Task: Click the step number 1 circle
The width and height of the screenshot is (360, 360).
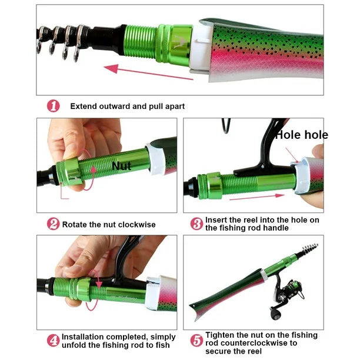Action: pyautogui.click(x=54, y=106)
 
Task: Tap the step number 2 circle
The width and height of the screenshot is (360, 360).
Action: pyautogui.click(x=54, y=224)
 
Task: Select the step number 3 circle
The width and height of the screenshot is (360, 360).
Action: pyautogui.click(x=196, y=224)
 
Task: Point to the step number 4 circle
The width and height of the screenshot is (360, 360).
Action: pyautogui.click(x=54, y=341)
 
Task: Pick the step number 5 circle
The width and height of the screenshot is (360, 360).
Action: pyautogui.click(x=196, y=341)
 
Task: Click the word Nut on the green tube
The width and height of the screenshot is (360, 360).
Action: pyautogui.click(x=121, y=166)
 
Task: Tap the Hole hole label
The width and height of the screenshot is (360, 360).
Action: pyautogui.click(x=301, y=135)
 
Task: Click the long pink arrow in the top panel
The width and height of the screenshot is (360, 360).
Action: pyautogui.click(x=148, y=72)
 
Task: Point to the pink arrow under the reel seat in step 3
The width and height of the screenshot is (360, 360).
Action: pyautogui.click(x=257, y=197)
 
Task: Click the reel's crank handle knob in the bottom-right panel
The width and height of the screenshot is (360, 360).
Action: pyautogui.click(x=275, y=315)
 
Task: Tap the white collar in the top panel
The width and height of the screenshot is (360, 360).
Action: pyautogui.click(x=201, y=49)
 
